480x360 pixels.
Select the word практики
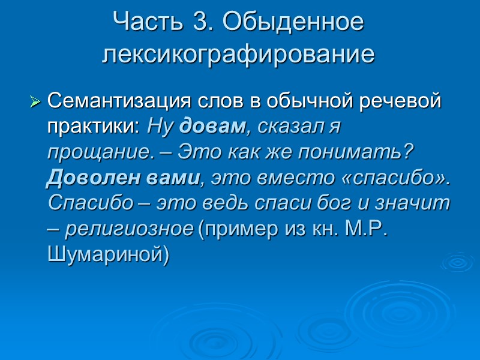pyautogui.click(x=92, y=127)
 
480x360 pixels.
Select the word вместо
pyautogui.click(x=277, y=178)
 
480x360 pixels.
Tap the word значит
pyautogui.click(x=419, y=203)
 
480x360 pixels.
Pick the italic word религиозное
pyautogui.click(x=129, y=229)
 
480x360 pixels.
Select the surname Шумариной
pyautogui.click(x=108, y=255)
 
